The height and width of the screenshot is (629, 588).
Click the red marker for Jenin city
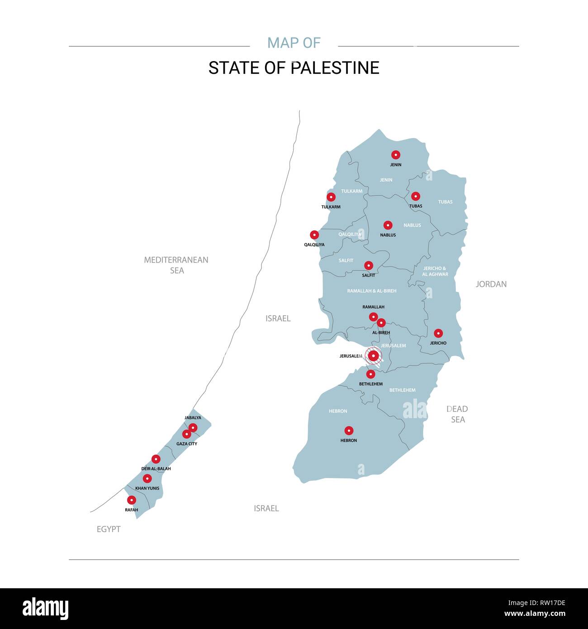396,155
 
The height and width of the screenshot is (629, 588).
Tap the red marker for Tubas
415,196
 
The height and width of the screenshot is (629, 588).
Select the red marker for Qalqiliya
314,235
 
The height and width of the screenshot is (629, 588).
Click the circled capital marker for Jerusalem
373,356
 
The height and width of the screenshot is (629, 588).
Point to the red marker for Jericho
438,334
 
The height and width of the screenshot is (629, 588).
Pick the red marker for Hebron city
349,430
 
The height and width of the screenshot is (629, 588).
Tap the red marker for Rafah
131,500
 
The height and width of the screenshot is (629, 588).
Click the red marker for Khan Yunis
147,478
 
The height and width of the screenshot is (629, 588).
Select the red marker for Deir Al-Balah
156,459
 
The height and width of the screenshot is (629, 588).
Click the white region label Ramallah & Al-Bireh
372,291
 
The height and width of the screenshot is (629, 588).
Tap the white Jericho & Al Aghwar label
435,272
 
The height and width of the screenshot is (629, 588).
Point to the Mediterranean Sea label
176,265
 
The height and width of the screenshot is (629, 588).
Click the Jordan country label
491,284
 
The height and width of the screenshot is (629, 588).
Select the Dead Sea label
457,414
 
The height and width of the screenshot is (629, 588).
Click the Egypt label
109,529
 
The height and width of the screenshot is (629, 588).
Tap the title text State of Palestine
294,68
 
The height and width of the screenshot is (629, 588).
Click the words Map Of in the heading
294,43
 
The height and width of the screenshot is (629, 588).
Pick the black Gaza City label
187,444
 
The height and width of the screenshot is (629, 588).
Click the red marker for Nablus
388,225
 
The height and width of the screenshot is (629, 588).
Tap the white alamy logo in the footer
46,608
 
